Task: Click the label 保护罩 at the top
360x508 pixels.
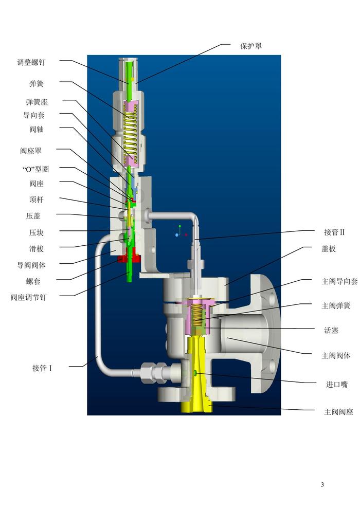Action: pos(250,46)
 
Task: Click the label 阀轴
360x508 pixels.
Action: pos(37,129)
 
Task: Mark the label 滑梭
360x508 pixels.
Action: pos(37,248)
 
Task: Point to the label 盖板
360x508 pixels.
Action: pos(329,249)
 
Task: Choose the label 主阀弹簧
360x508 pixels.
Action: pos(336,306)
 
